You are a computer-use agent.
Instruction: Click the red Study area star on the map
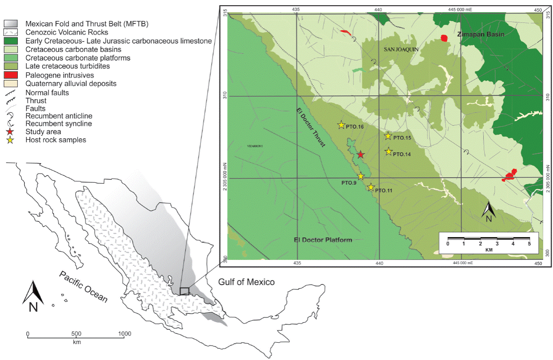coord(360,154)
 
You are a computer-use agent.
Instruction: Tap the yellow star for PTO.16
coord(341,125)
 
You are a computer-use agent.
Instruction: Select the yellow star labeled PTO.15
coord(388,136)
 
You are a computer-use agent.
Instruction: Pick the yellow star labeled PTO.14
coord(388,151)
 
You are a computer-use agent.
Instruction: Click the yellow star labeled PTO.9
coord(361,176)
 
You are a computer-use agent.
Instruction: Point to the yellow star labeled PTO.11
coord(371,187)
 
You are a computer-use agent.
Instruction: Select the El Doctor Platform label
coord(323,240)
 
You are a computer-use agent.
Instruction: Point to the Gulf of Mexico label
coord(246,282)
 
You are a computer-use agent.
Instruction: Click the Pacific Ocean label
coord(83,287)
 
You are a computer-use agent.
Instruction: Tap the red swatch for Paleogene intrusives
coord(13,75)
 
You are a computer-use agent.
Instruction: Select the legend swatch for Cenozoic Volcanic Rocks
coord(13,33)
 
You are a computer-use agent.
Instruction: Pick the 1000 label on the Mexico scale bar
coord(124,334)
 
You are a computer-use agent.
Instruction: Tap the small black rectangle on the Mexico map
coord(185,291)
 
